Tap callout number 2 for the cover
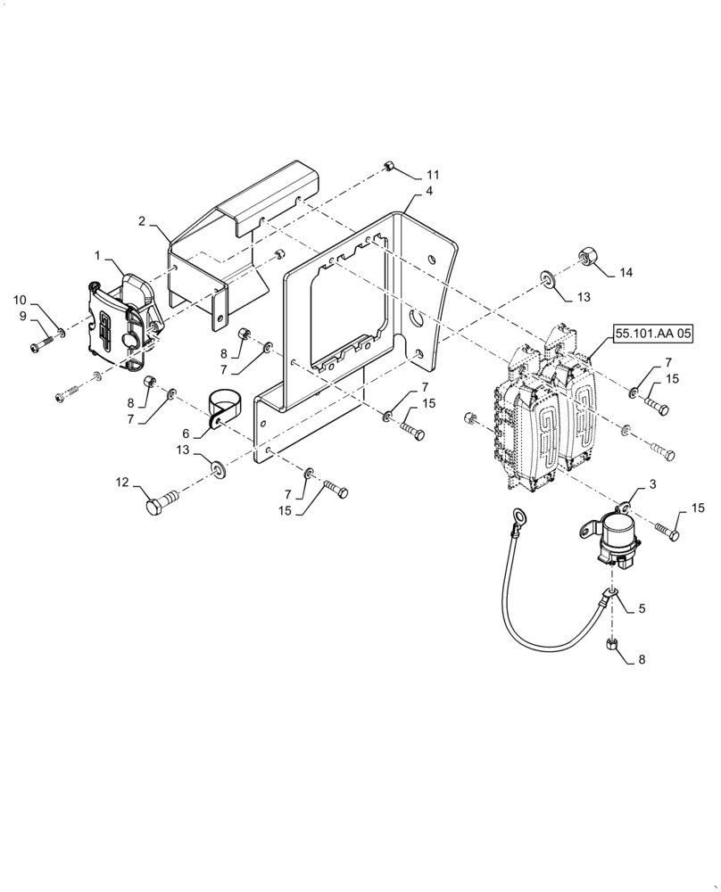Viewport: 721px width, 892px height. [142, 220]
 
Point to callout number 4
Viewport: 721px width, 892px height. [429, 191]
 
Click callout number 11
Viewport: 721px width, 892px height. [432, 173]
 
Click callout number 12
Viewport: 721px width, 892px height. [122, 483]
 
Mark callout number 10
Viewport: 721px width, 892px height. [19, 300]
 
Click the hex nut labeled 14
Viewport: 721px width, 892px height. [588, 257]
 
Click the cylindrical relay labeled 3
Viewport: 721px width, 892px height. [617, 538]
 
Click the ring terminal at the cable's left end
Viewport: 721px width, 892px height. [518, 515]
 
